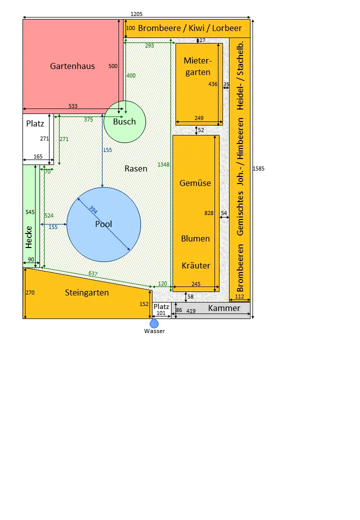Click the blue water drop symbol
pos(154,323)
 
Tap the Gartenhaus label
pos(72,66)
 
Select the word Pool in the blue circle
pos(103,224)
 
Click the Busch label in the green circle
pos(124,121)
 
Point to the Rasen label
pos(136,168)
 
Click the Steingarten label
pos(87,292)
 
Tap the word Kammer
pos(224,308)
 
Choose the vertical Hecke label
pos(29,237)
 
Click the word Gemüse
pos(195,183)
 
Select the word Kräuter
pos(195,265)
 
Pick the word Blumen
pos(195,238)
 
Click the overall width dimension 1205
pos(136,14)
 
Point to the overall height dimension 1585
pos(258,168)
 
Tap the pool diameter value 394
pos(93,210)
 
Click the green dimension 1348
pos(163,164)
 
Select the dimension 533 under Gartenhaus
pos(73,106)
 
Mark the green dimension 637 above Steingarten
pos(93,273)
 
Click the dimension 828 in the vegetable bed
pos(209,213)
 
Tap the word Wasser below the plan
pos(154,331)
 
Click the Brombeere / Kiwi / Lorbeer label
pos(190,28)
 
